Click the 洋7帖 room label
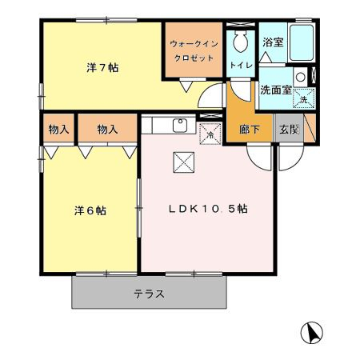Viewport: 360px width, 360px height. [x=102, y=68]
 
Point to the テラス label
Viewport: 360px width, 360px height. [x=149, y=294]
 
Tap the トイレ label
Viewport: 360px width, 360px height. [x=238, y=64]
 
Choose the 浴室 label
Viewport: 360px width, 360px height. [x=273, y=42]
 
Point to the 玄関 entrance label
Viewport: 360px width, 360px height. [x=288, y=129]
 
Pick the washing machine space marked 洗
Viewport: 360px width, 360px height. [x=304, y=98]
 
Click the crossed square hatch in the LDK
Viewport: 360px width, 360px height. [x=182, y=163]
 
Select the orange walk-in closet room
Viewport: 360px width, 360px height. [x=194, y=60]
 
